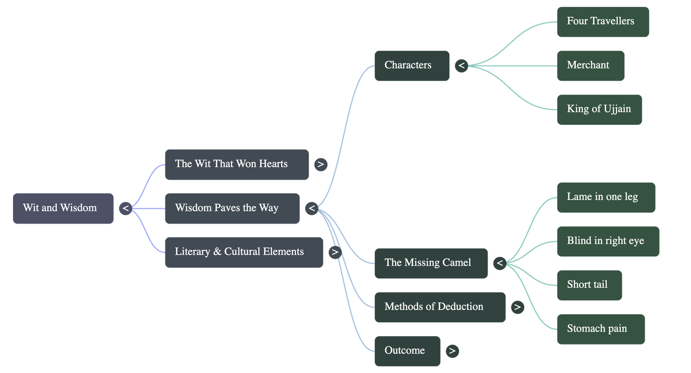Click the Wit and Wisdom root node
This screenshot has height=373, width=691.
[63, 208]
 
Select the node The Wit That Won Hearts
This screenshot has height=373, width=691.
[237, 164]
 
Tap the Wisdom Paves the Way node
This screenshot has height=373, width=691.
[232, 208]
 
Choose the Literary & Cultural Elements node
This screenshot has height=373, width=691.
[244, 252]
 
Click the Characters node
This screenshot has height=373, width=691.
[412, 66]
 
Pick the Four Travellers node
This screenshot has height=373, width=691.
[603, 22]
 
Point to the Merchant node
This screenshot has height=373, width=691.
[590, 66]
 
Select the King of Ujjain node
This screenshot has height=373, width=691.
[599, 109]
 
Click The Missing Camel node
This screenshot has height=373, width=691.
[431, 263]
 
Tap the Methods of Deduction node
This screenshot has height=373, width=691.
[440, 307]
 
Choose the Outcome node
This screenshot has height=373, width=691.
[407, 351]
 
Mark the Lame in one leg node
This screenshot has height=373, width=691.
[606, 197]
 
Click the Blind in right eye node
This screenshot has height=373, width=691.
[608, 241]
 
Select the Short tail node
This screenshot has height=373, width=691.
[590, 285]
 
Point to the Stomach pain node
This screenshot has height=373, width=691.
[601, 329]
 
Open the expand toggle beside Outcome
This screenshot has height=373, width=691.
[452, 351]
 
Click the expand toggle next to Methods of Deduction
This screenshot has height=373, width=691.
[517, 307]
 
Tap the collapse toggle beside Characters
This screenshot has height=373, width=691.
[462, 66]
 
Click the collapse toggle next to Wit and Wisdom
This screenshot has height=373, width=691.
[125, 209]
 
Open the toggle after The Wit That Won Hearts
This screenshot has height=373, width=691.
[320, 164]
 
